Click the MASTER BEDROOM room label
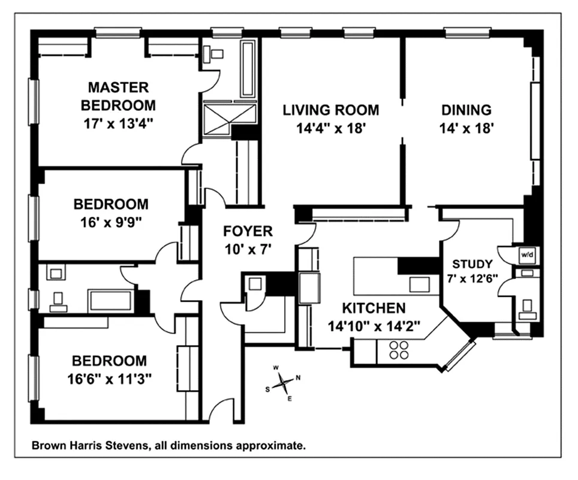[118, 96]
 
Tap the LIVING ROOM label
[331, 110]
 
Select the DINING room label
[466, 110]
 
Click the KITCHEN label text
[374, 308]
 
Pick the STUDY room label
[472, 263]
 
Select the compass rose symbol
[282, 382]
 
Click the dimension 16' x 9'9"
[111, 221]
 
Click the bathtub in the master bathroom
[248, 69]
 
